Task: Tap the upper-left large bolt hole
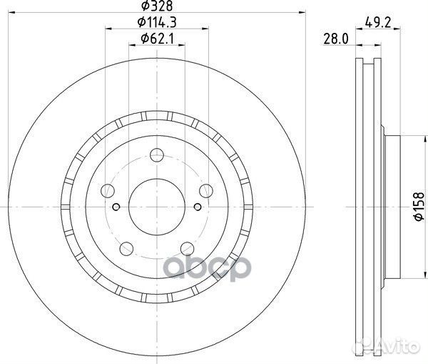click(x=108, y=190)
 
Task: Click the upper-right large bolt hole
click(x=206, y=190)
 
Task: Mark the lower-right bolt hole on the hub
click(x=187, y=247)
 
